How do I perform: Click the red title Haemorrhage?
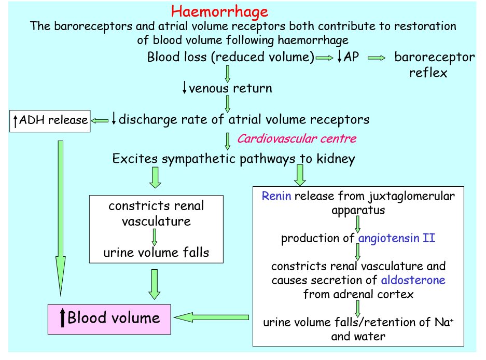(x=220, y=11)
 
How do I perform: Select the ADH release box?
(x=50, y=120)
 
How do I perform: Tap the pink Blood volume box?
(x=109, y=318)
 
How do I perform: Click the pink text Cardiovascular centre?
(x=297, y=139)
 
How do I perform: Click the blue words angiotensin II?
(x=396, y=238)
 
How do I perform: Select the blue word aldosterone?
(x=413, y=280)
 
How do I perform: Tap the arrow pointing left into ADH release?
(x=100, y=120)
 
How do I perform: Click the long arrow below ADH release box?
(x=61, y=215)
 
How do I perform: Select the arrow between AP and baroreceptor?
(x=377, y=58)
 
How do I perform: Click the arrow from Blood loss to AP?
(x=325, y=58)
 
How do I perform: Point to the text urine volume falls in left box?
(x=156, y=253)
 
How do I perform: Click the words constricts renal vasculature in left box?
(x=156, y=213)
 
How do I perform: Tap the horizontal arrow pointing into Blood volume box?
(x=211, y=317)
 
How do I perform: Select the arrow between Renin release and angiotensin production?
(x=358, y=224)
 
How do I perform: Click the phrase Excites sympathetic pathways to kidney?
(x=233, y=159)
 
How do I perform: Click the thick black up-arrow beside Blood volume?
(x=63, y=318)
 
